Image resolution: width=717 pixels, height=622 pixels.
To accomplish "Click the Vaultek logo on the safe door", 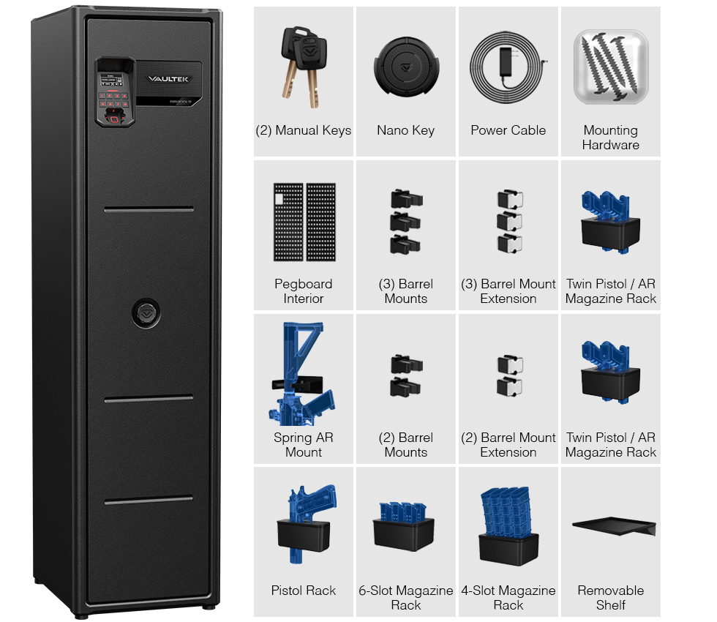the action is [x=168, y=79].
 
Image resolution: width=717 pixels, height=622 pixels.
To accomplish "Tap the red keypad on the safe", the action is [x=113, y=100].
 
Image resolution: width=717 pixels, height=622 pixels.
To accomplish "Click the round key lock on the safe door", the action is [x=146, y=313].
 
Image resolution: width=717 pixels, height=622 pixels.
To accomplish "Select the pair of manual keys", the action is [x=304, y=67].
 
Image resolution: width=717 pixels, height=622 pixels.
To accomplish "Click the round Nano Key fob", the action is [x=406, y=67].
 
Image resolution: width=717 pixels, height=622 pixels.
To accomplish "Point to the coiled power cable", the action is [x=508, y=67].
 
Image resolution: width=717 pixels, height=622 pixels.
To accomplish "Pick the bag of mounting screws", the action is [x=611, y=67].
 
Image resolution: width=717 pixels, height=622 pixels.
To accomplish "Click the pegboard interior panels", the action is [x=304, y=222].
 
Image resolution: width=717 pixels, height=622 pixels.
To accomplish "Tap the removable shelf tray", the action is [x=614, y=526].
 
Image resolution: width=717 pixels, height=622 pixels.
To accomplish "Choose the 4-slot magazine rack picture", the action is [x=508, y=526].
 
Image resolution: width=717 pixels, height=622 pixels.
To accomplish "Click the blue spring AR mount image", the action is [x=301, y=374].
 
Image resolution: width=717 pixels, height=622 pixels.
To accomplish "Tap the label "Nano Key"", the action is [x=405, y=131].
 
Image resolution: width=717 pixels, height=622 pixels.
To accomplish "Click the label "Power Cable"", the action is [x=508, y=130].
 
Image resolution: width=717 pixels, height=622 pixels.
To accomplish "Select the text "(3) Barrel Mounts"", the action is [x=405, y=291].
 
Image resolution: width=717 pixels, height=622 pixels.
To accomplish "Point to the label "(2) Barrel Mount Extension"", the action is [x=508, y=445].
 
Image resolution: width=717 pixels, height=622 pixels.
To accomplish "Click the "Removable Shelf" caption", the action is [x=610, y=598].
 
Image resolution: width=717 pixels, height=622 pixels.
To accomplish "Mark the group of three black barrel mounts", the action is [x=406, y=222].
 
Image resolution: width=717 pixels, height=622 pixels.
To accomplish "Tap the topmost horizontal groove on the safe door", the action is [x=149, y=209].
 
